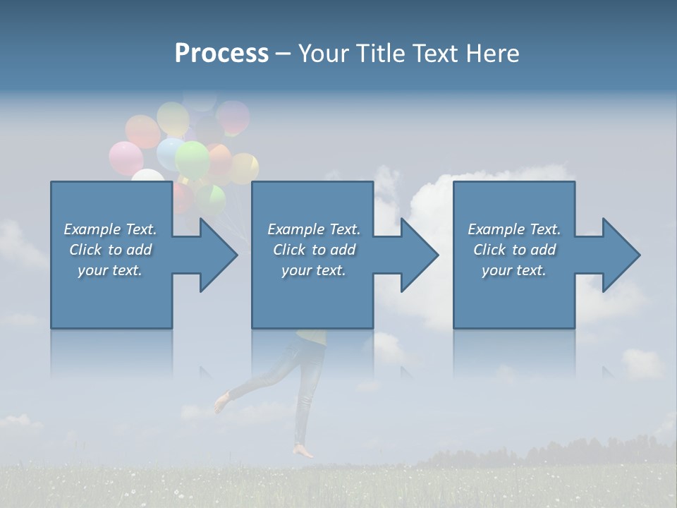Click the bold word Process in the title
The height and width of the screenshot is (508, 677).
coord(221,54)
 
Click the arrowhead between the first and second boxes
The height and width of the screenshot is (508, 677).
coord(215,255)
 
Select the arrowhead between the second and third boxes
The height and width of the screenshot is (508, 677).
coord(417,255)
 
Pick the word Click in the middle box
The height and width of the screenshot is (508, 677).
coord(289,250)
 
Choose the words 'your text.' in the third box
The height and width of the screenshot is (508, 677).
coord(513,270)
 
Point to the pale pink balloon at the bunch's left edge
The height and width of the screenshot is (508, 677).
coord(126,158)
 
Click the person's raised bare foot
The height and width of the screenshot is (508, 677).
coord(221,404)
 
